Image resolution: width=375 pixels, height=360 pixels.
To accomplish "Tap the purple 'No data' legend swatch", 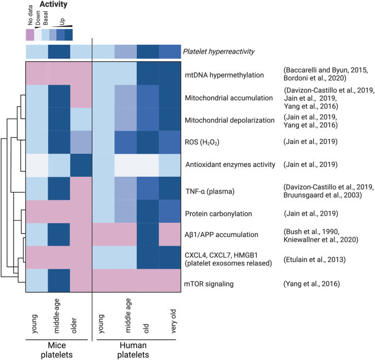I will [x=30, y=34].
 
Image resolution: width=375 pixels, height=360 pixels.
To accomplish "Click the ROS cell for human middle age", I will [x=125, y=142].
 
